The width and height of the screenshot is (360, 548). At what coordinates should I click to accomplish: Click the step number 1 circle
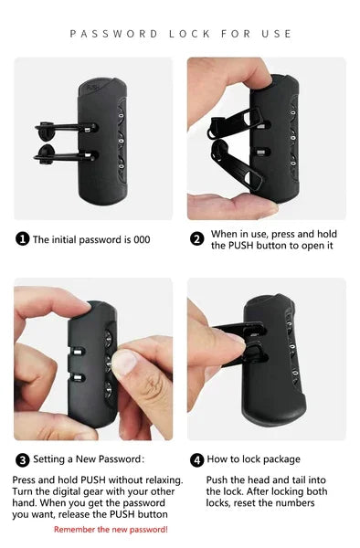23,239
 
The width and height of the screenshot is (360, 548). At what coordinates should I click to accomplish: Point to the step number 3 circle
23,459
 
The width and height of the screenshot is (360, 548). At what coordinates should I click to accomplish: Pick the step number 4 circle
196,459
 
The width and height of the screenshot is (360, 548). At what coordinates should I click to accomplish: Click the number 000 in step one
140,239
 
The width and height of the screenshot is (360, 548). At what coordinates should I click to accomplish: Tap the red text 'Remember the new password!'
111,529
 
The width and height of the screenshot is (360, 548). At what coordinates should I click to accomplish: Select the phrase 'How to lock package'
253,459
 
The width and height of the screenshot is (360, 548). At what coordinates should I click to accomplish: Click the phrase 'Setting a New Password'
87,459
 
